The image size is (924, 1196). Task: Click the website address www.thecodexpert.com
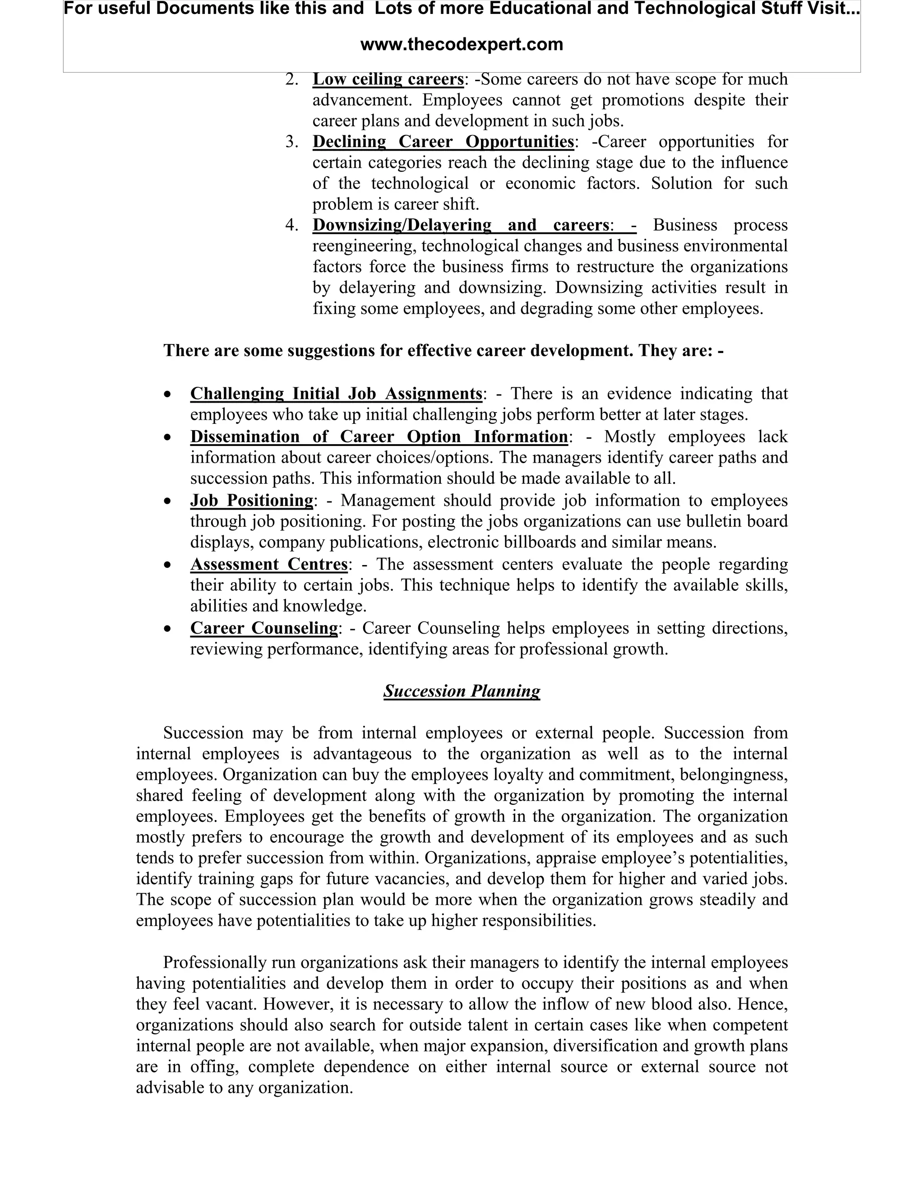tap(462, 44)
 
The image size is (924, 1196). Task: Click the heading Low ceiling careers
tap(388, 79)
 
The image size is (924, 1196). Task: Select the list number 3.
tap(292, 142)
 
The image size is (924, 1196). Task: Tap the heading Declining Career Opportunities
tap(443, 142)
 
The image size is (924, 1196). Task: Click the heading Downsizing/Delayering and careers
tap(460, 225)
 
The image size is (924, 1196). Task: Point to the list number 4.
tap(292, 225)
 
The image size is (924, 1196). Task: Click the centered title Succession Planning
tap(462, 691)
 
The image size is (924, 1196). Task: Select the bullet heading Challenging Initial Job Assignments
tap(336, 394)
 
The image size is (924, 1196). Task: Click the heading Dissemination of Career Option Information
tap(379, 436)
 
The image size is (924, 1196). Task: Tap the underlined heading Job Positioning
tap(252, 501)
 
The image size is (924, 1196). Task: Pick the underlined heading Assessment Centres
tap(269, 564)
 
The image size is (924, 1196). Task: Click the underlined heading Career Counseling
tap(264, 628)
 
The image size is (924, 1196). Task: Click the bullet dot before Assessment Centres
tap(168, 565)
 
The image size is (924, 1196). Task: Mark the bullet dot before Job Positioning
tap(168, 501)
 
